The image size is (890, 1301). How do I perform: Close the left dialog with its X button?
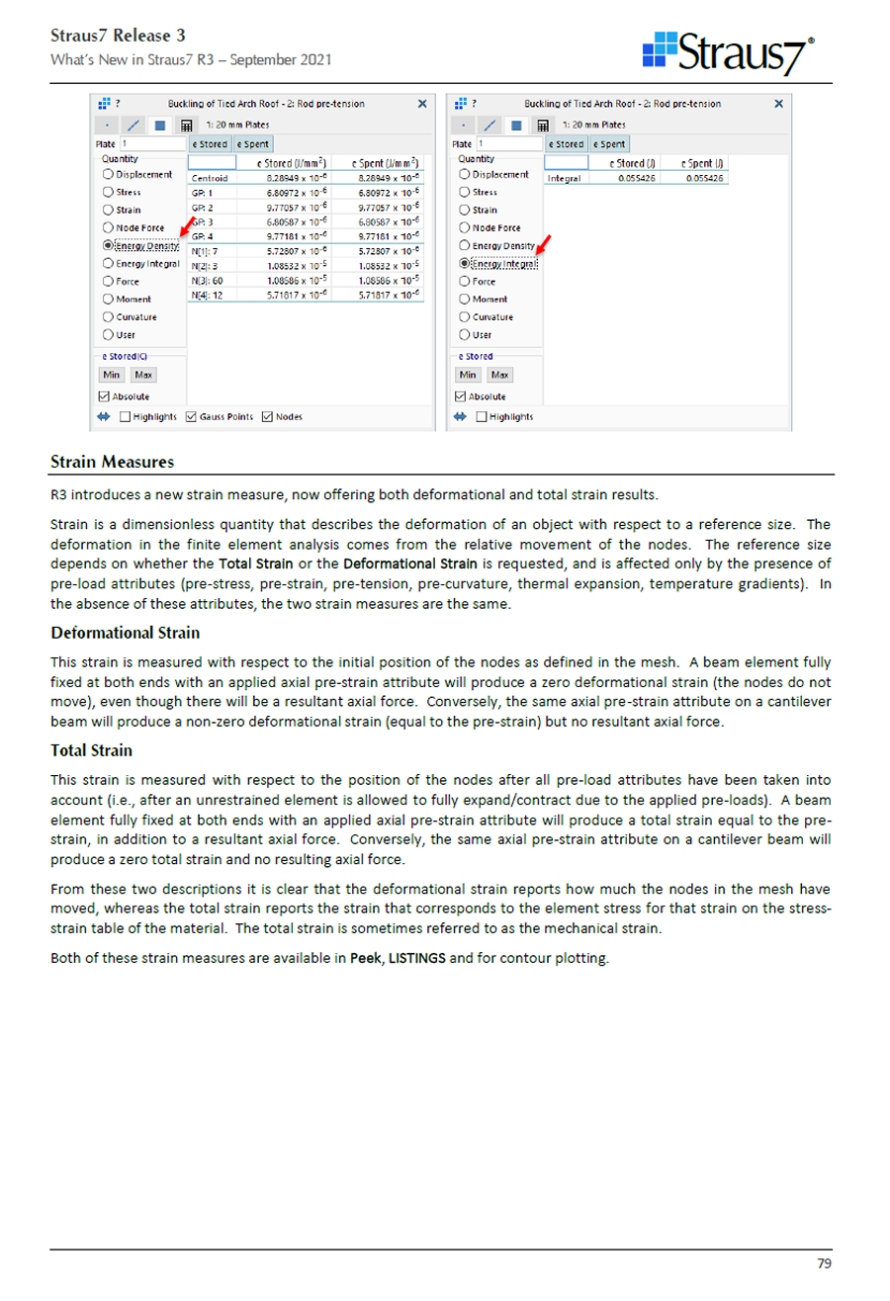pos(422,104)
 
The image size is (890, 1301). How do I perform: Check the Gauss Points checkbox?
pos(192,416)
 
